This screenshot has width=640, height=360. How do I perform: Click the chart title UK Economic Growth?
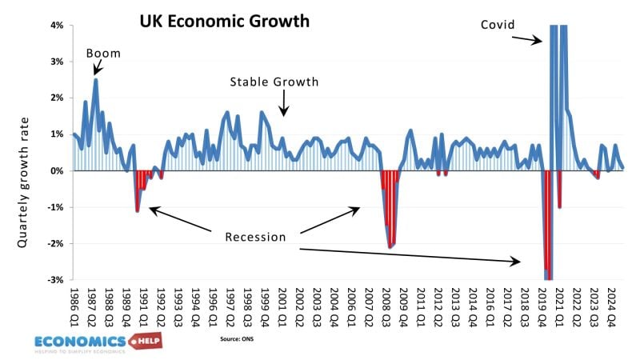[224, 21]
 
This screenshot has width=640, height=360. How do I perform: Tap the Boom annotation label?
[104, 54]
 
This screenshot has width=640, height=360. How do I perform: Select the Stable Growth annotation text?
[274, 82]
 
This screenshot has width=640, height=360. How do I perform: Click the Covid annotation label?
[498, 24]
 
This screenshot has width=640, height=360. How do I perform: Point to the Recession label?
[255, 237]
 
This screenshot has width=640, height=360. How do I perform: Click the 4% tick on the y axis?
[56, 26]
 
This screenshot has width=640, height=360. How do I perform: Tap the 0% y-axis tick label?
[56, 171]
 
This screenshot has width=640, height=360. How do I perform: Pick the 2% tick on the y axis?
[56, 98]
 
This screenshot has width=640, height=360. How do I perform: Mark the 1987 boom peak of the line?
[96, 79]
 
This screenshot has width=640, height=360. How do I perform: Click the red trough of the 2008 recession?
[390, 246]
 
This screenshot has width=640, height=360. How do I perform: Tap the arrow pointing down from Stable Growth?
[282, 105]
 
